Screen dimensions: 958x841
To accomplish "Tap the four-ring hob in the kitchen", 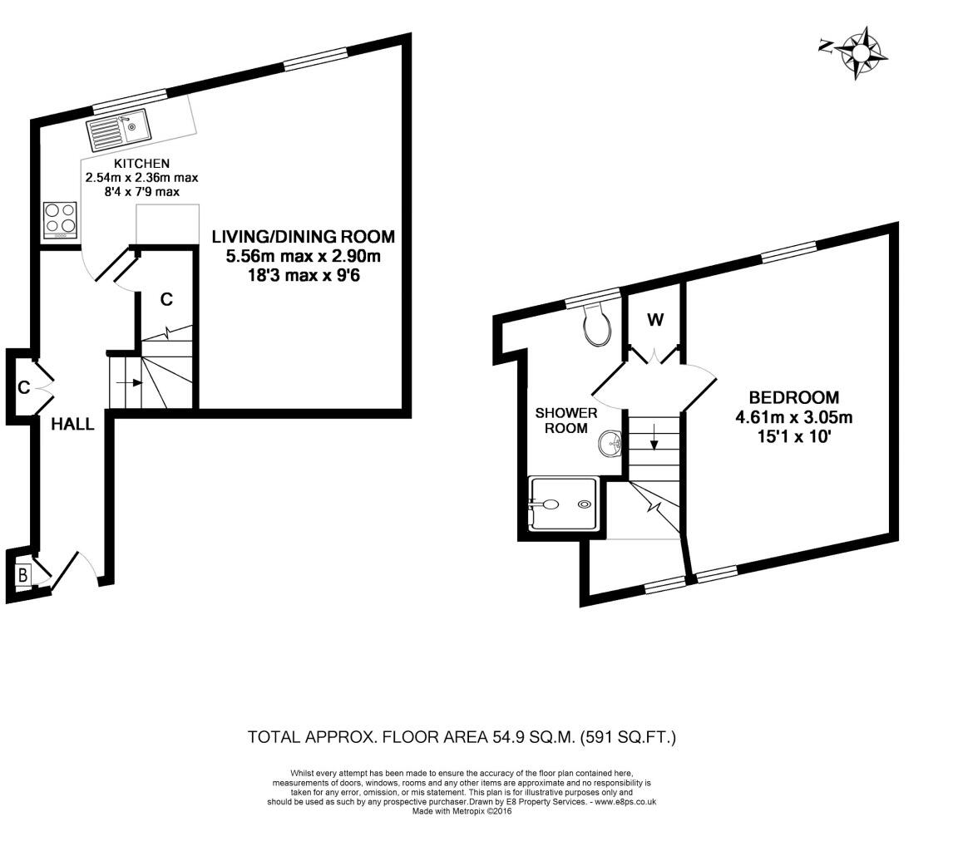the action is [x=60, y=220].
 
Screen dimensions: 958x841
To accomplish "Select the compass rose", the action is [x=862, y=53].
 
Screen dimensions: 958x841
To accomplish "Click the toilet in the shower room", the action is [x=597, y=326].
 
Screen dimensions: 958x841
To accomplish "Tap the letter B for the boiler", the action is [x=23, y=573].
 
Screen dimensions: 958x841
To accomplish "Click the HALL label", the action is [x=72, y=424].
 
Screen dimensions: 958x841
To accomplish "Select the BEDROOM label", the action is [x=793, y=397].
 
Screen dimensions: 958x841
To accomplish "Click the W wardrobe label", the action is [x=655, y=320].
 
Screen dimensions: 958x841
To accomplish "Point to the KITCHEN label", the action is [x=141, y=164].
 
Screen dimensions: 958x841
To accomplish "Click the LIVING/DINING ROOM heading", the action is [x=303, y=236].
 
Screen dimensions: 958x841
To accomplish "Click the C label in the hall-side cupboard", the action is [x=23, y=387].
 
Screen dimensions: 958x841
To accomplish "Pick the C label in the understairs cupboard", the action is [x=166, y=299].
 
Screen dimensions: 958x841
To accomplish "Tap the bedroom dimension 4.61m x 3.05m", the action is [x=793, y=417].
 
